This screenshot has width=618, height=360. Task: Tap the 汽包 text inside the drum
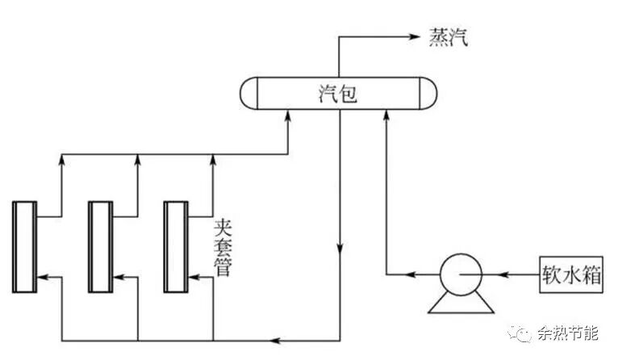(x=337, y=94)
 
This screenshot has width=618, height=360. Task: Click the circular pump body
(x=459, y=275)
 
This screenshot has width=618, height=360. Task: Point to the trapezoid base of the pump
(x=459, y=303)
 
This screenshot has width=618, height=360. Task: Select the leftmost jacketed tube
(x=24, y=246)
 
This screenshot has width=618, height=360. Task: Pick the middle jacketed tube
(x=100, y=246)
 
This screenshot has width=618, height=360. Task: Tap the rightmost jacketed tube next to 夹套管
(x=175, y=246)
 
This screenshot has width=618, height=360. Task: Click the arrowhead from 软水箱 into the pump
(x=501, y=275)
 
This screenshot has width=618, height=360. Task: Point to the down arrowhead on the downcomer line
(x=340, y=245)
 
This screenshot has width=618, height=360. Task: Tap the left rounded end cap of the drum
(x=249, y=94)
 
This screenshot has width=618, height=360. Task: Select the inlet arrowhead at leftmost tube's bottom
(x=44, y=276)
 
